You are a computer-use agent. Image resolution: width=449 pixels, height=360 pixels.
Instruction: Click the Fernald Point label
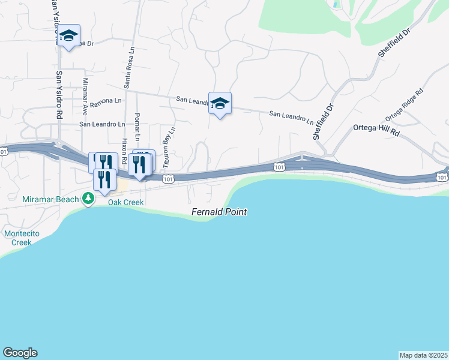(219, 212)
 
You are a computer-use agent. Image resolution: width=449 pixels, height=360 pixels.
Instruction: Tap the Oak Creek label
(125, 202)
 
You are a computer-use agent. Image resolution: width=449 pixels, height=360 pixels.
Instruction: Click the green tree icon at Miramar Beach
(88, 198)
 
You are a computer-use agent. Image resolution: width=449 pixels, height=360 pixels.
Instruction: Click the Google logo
(20, 353)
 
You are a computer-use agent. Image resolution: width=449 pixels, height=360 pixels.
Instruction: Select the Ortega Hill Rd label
(376, 128)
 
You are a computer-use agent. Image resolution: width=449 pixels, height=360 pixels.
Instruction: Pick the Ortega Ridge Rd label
(405, 104)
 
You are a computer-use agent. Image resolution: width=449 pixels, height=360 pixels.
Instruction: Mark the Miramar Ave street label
(85, 97)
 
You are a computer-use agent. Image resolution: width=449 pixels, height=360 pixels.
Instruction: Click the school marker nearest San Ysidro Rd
(69, 37)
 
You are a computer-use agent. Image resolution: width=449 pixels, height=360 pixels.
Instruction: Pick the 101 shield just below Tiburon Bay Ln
(169, 178)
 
